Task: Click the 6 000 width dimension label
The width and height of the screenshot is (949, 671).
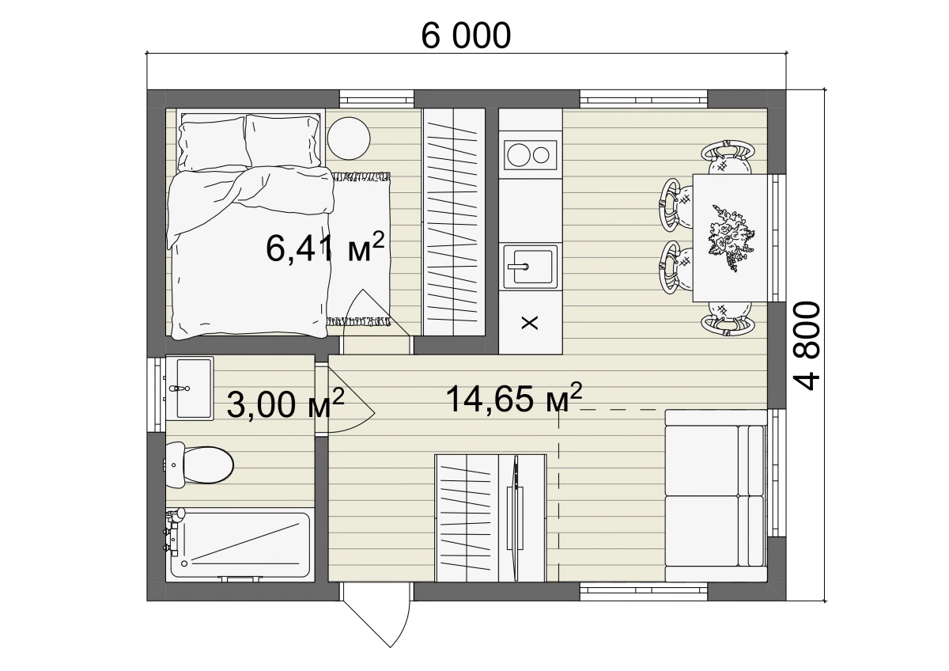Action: [x=466, y=36]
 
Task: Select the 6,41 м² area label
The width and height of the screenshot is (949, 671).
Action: [x=325, y=247]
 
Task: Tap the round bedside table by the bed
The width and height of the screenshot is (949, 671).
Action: [x=349, y=138]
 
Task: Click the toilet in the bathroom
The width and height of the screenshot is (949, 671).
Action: [x=199, y=465]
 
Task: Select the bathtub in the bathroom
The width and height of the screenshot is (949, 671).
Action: [x=240, y=544]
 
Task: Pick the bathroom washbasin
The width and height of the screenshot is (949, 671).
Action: [x=189, y=388]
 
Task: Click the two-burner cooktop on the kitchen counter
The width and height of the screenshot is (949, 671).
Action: [x=530, y=155]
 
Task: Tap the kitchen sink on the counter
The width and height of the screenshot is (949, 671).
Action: [x=530, y=267]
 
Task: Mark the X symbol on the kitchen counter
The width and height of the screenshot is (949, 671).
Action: [x=530, y=323]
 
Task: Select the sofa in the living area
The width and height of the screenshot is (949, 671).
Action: [x=716, y=495]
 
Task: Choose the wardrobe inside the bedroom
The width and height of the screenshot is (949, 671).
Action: [x=454, y=222]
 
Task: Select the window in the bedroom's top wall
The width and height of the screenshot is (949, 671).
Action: [x=376, y=98]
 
